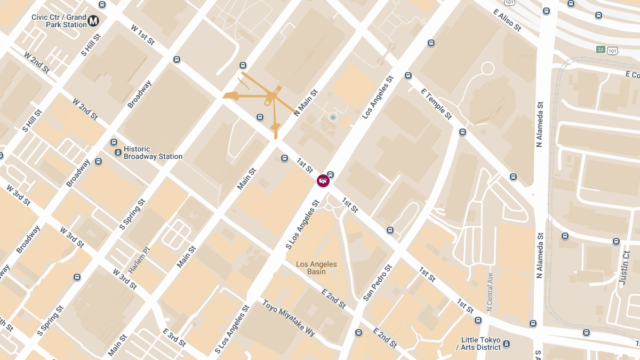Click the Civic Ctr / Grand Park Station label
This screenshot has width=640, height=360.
coord(59,21)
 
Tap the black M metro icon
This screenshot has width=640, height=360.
coord(94,21)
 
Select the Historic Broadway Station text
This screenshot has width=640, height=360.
coord(153,153)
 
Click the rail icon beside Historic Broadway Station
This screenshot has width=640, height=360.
coord(118,153)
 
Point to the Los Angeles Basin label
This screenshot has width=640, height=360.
coord(316,268)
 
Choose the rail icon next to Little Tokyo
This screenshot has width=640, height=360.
coord(507,343)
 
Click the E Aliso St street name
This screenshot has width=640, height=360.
coord(507,20)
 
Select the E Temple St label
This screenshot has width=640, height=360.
coord(436,103)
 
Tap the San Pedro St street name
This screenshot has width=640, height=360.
coord(378,282)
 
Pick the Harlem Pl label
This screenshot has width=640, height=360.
coord(139,259)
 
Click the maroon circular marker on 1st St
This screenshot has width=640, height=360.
coord(323,181)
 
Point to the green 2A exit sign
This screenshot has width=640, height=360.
coord(601,49)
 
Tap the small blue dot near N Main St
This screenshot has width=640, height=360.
coord(333,117)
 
